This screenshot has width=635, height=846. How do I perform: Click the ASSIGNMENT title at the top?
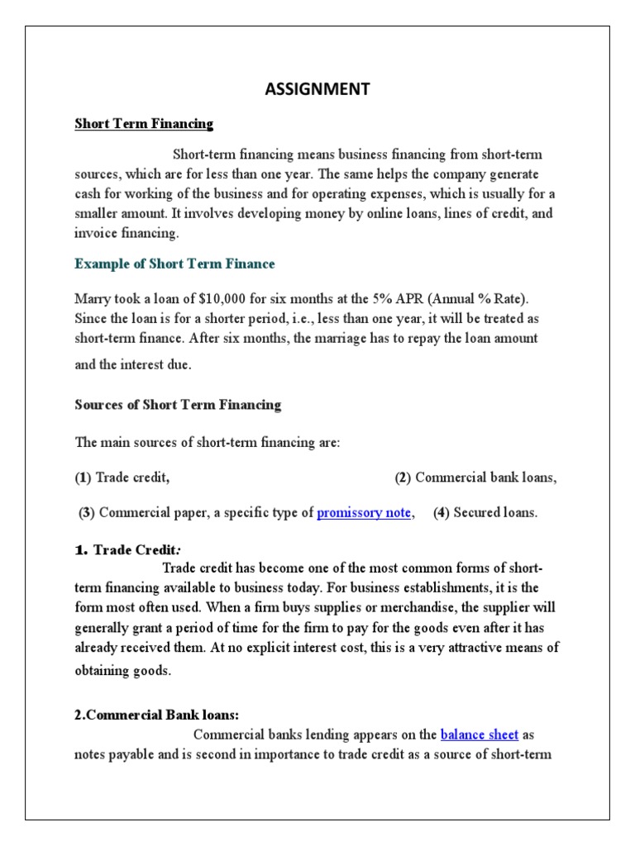tap(317, 90)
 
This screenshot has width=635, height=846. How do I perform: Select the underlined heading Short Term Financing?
tap(144, 124)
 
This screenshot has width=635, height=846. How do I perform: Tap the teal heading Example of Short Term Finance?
tap(174, 264)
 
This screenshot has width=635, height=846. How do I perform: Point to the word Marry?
tap(93, 298)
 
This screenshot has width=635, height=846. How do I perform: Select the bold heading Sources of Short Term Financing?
tap(178, 405)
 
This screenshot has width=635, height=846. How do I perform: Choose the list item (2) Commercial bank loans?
tap(475, 478)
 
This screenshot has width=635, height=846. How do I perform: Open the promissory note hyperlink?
tap(364, 512)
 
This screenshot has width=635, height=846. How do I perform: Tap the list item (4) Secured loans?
tap(485, 512)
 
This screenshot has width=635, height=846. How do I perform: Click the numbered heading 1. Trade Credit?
tap(128, 550)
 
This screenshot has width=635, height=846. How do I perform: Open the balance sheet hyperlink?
tap(480, 734)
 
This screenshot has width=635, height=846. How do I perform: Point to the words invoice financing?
tap(127, 233)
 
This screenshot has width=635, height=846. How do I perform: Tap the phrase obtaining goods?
tap(122, 670)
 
